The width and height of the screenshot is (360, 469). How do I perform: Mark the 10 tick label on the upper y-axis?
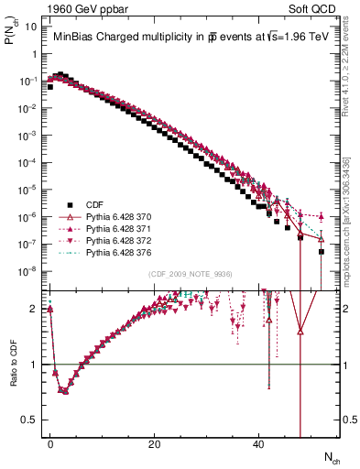(x=29, y=27)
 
